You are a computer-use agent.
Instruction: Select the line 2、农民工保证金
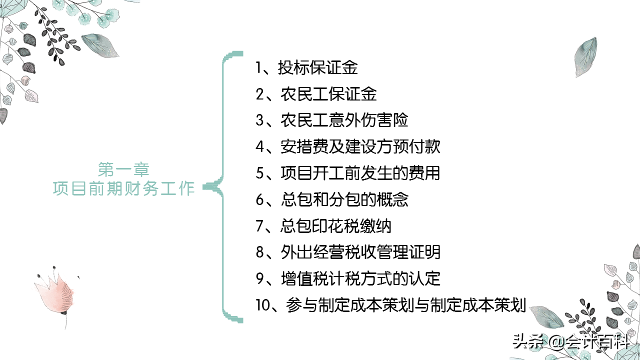[x=316, y=94]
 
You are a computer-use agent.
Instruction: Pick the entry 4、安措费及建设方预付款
[x=348, y=147]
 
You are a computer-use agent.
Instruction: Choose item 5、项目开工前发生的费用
[x=348, y=173]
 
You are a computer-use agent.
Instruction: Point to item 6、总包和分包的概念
[x=332, y=199]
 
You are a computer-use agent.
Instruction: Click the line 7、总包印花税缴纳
[x=323, y=226]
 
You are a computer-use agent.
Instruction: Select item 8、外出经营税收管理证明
[x=348, y=252]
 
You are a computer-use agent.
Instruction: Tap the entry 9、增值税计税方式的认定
[x=348, y=278]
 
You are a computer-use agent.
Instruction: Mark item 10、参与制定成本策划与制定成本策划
[x=390, y=305]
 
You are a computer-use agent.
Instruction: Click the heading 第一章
[x=123, y=169]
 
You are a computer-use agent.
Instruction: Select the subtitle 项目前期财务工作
[x=123, y=188]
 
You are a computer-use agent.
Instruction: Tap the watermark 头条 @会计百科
[x=570, y=342]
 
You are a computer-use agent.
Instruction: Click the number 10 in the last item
[x=263, y=305]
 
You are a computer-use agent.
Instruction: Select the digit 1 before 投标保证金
[x=259, y=68]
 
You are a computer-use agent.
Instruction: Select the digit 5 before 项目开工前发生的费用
[x=260, y=173]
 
